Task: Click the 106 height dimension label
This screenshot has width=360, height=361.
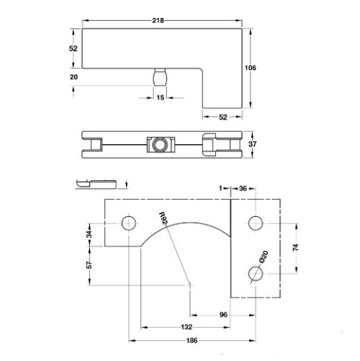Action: point(251,68)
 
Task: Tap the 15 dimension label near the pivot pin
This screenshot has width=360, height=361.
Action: point(161,97)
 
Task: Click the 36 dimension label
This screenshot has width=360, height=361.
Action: point(243,189)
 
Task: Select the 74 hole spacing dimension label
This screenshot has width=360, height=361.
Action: point(297,247)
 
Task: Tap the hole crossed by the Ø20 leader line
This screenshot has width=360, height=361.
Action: point(253,273)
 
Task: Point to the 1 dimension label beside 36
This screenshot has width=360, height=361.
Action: point(222,189)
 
